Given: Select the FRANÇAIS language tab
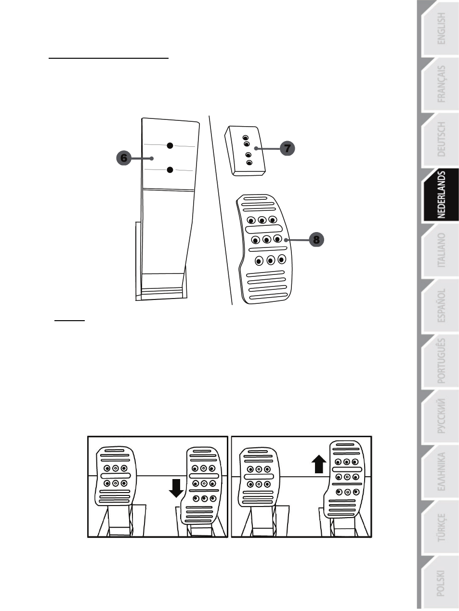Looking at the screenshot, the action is tap(440, 84).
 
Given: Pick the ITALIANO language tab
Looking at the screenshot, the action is tap(440, 250).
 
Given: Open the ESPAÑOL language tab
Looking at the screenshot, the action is tap(440, 306).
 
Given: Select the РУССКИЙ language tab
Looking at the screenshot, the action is tap(440, 416).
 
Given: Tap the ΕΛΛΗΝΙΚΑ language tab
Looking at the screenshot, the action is tap(440, 472).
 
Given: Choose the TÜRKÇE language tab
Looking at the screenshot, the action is tap(440, 527).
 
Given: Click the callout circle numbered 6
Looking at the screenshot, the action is tap(124, 158).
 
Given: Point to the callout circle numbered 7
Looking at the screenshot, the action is tap(287, 148).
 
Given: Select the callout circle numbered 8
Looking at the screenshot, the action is tap(316, 239).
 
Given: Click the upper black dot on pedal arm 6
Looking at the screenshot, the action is tap(170, 145).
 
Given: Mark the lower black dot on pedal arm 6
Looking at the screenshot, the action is tap(170, 170).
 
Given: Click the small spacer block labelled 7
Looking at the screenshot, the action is tap(245, 151).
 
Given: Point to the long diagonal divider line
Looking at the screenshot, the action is tap(221, 210).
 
